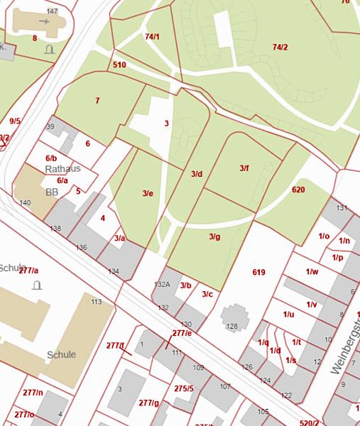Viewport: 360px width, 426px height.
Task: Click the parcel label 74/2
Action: tap(280, 47)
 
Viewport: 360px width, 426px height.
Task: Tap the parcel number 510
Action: tap(119, 65)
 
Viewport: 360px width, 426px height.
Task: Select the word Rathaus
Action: tap(62, 169)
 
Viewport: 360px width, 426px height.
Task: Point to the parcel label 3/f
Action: tap(244, 168)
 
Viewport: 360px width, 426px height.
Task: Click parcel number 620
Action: tap(298, 190)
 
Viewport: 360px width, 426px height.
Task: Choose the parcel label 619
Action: tap(258, 272)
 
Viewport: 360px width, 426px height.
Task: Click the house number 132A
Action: tap(163, 284)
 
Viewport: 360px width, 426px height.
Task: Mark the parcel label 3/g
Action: tap(214, 236)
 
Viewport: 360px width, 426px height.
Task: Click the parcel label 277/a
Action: tap(29, 271)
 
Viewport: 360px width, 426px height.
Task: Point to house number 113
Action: tap(97, 302)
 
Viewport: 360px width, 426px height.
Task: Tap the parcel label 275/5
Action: tap(183, 388)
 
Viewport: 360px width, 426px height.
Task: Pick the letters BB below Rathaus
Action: tap(52, 192)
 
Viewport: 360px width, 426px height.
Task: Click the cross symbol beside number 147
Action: tap(48, 22)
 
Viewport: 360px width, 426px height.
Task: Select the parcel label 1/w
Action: tap(312, 271)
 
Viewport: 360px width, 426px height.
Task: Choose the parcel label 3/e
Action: tap(148, 193)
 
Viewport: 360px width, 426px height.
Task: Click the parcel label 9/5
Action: tap(15, 121)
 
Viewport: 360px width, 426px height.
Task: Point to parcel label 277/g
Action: tap(148, 403)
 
